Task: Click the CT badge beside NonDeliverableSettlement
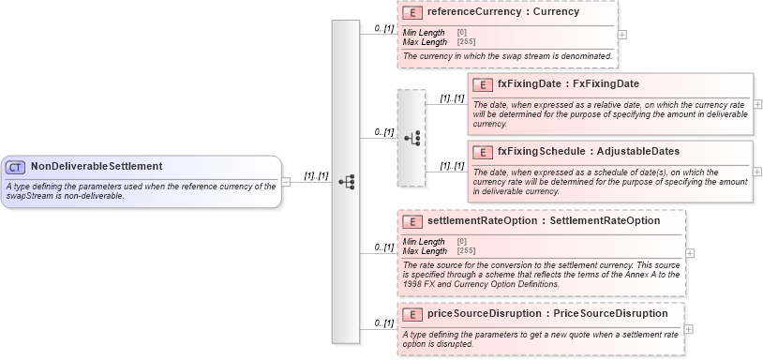pyautogui.click(x=16, y=167)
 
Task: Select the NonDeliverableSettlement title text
pyautogui.click(x=97, y=167)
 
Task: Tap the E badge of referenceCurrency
pyautogui.click(x=412, y=13)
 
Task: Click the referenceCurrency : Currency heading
pyautogui.click(x=502, y=13)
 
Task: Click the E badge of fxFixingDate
pyautogui.click(x=483, y=84)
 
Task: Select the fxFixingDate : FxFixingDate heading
pyautogui.click(x=568, y=84)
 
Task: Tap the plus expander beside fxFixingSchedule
pyautogui.click(x=757, y=172)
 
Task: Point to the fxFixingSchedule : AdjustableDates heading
pyautogui.click(x=589, y=152)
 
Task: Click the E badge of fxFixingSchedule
pyautogui.click(x=483, y=152)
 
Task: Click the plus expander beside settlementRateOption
pyautogui.click(x=690, y=253)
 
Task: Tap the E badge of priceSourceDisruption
pyautogui.click(x=412, y=314)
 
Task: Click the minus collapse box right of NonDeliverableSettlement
pyautogui.click(x=286, y=182)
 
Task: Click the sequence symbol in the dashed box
pyautogui.click(x=411, y=138)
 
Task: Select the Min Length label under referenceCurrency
pyautogui.click(x=424, y=33)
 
